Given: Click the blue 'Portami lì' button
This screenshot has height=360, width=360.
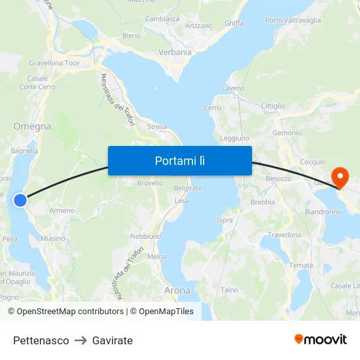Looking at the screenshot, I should [179, 160].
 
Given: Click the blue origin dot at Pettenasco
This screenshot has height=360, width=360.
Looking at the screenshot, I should [20, 200].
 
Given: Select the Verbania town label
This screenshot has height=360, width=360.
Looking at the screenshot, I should [175, 52].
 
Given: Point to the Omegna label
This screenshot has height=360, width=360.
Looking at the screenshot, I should [32, 126].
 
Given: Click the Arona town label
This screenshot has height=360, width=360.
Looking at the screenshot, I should [177, 290].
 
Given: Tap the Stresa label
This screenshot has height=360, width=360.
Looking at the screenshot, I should [157, 127].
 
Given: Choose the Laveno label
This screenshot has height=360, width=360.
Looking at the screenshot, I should [234, 88].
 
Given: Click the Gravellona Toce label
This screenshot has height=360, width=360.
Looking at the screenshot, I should [54, 63].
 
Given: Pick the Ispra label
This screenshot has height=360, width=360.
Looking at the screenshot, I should [225, 221].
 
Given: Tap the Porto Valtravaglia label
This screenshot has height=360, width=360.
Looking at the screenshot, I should [293, 20].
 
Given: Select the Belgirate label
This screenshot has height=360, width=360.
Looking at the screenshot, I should [188, 188].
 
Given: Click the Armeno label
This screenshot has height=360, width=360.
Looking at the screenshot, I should [62, 210].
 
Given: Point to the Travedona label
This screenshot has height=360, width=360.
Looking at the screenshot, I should [285, 235].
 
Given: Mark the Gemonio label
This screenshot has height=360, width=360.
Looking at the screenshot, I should [287, 133].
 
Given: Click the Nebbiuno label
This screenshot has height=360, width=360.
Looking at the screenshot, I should [145, 236].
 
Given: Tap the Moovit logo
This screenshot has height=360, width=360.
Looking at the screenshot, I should [321, 339].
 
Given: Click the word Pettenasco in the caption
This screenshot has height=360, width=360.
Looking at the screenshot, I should [41, 340].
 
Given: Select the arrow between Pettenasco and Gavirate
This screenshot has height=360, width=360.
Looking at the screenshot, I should [81, 340].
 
